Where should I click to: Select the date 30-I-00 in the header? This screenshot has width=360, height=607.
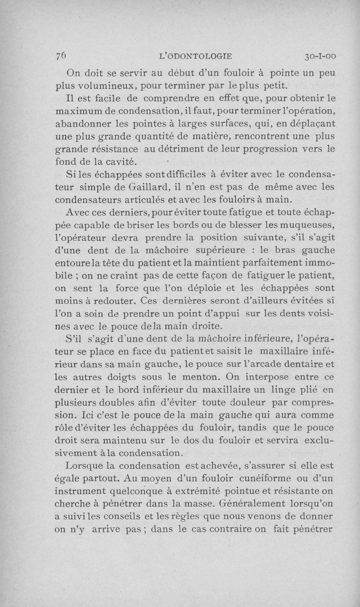[x=320, y=56]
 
